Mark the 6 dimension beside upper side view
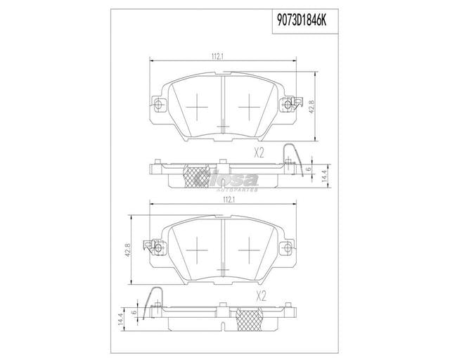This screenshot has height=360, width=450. click(307, 169)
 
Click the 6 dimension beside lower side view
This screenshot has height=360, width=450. click(133, 313)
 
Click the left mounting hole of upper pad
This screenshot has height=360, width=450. click(157, 106)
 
